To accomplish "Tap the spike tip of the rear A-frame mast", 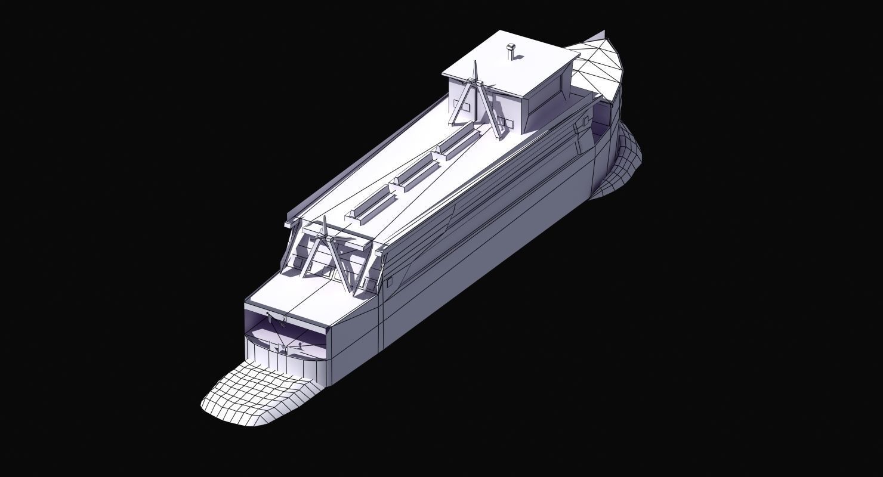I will tap(475, 64).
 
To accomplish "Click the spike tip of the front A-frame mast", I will tap(325, 219).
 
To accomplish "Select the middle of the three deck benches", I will tap(413, 174).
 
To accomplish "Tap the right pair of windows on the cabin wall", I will tap(505, 124).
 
